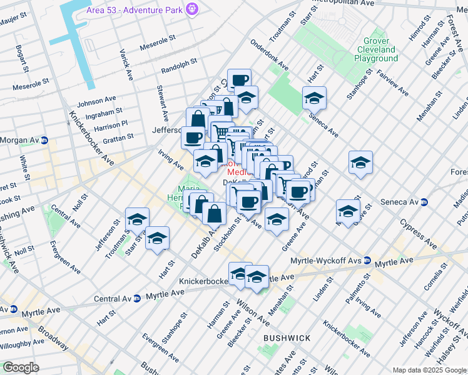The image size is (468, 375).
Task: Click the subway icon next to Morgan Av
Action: (x=44, y=140)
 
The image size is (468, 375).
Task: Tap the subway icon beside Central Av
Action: (x=136, y=299)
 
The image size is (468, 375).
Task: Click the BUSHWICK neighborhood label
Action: (x=287, y=338)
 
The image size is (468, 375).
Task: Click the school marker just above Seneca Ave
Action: (x=314, y=98)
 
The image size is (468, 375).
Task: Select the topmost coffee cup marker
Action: (x=239, y=80)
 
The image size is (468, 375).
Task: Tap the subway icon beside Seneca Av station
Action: (x=424, y=202)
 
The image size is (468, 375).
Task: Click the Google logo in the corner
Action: (x=21, y=367)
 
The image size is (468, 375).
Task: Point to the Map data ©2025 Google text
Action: (x=429, y=370)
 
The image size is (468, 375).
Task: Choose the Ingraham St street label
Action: (x=103, y=112)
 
